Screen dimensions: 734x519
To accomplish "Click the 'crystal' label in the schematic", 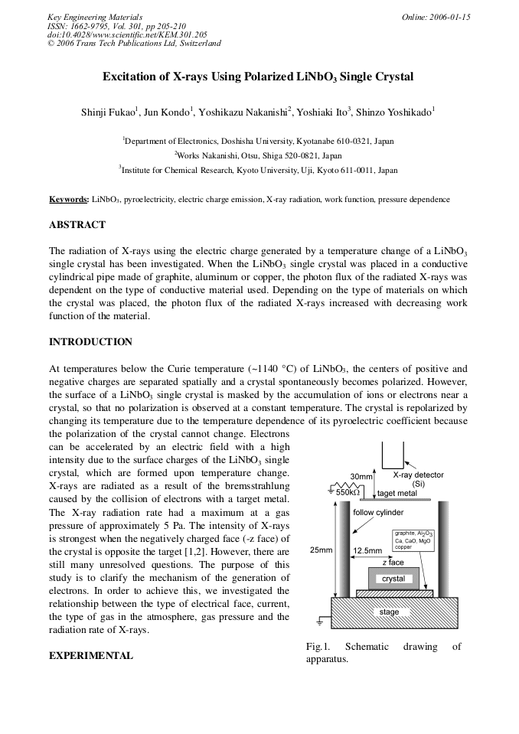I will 393,579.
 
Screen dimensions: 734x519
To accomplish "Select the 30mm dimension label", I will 361,477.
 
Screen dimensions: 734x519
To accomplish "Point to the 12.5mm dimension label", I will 367,550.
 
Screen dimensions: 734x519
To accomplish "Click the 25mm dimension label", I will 321,550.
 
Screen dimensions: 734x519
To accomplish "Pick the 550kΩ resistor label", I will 354,492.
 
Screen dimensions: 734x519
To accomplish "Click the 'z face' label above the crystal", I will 393,563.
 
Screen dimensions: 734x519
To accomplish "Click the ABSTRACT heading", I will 77,225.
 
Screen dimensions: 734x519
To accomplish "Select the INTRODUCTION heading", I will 90,341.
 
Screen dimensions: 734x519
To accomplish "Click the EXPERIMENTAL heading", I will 90,655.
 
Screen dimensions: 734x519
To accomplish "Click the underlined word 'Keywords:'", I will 69,200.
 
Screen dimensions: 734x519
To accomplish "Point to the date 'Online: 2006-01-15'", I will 436,17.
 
